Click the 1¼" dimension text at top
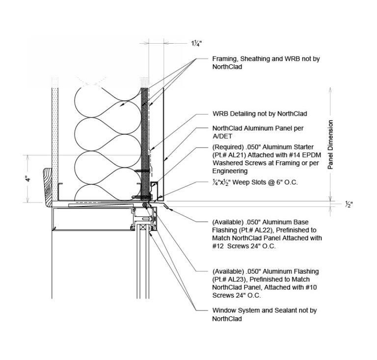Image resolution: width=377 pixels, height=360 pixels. coord(195,43)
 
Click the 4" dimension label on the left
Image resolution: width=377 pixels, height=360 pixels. coord(29,179)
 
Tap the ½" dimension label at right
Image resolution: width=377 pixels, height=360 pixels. coord(348,205)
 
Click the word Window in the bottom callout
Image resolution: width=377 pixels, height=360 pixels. coord(224,310)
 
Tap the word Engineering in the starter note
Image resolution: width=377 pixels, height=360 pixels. coord(230,171)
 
